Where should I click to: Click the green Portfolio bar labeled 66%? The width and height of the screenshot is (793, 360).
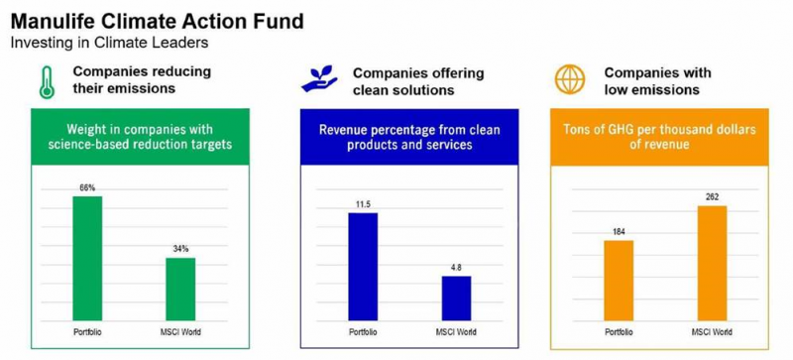coord(87,258)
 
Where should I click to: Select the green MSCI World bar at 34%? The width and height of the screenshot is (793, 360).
coord(180,290)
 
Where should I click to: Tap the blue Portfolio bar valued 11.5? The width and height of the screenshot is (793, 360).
coord(363,267)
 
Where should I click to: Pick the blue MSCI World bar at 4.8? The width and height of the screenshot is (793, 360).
coord(456,299)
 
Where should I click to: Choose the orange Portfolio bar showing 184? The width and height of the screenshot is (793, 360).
coord(619,280)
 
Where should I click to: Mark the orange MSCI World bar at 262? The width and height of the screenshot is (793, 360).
coord(712,263)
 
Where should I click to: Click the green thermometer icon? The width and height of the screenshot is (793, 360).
coord(47,82)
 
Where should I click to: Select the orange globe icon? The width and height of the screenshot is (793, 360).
coord(569,79)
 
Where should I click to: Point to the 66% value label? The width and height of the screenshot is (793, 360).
coord(87,187)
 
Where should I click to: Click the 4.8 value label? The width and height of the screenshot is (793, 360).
coord(456,268)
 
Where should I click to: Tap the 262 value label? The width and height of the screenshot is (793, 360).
coord(712,197)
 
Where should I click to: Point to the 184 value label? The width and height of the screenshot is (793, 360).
coord(619,232)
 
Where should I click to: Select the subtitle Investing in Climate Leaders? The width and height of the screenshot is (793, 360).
coord(109,43)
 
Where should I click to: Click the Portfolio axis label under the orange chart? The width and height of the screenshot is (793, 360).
coord(619,332)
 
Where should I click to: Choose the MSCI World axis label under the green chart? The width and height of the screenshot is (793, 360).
coord(180,332)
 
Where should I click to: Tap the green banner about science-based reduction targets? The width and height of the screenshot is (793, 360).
coord(140,137)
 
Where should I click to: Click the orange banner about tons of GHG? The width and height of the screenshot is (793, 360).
coord(659,137)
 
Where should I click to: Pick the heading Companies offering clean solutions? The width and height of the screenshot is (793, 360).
coord(418,81)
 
